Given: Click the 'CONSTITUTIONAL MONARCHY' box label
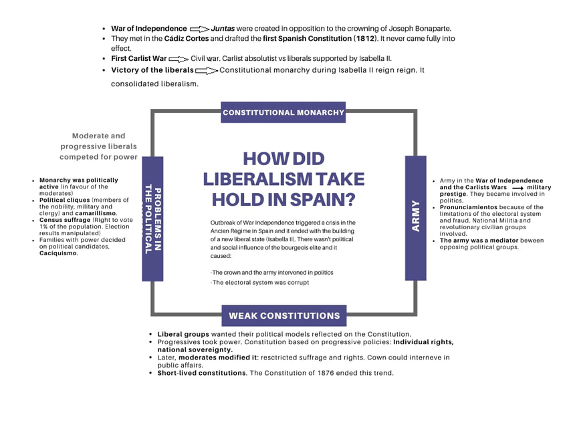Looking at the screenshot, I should point(283,112).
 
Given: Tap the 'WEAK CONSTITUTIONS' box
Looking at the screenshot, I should point(283,315).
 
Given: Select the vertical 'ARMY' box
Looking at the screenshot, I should point(415,218).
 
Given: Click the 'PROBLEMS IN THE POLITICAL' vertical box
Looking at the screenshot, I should point(152,219).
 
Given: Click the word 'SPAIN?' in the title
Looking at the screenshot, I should point(322,199).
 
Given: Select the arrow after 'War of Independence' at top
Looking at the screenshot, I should point(199,29).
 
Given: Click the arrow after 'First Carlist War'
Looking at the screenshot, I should point(179,59).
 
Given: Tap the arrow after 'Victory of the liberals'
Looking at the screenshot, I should point(207,71).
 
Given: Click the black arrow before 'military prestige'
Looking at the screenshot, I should point(518,188).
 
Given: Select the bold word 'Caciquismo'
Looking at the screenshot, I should point(58,253).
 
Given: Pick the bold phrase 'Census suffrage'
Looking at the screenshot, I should point(65,220).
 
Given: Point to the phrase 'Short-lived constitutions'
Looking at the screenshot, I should point(202,373).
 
